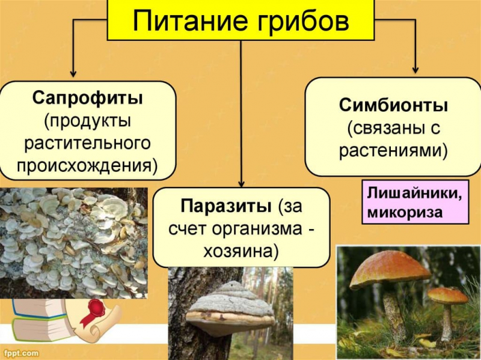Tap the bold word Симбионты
(393, 106)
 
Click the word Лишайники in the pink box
(414, 195)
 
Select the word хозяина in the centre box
(242, 251)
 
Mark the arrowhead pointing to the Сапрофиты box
(73, 72)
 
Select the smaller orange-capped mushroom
(447, 304)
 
